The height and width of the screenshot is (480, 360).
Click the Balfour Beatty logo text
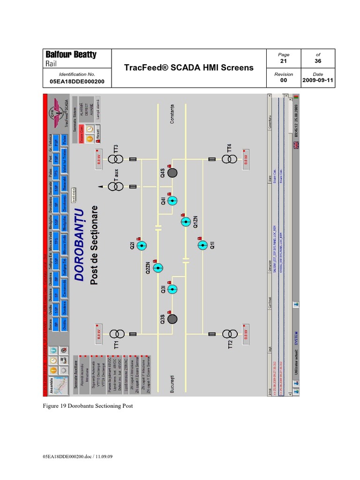pos(70,55)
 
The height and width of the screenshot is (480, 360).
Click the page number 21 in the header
pos(283,61)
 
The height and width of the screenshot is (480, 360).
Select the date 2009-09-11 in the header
pos(317,81)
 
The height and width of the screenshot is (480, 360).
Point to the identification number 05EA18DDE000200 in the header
pos(77,81)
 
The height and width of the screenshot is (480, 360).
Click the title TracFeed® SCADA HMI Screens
pos(188,67)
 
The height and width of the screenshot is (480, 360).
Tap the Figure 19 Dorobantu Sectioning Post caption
pos(88,406)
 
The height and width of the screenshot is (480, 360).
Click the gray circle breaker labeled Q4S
pos(172,172)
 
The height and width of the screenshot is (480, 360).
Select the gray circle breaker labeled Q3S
pos(172,319)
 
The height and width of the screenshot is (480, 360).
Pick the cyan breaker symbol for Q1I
pos(202,245)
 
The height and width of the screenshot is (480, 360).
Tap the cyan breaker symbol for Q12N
pos(186,222)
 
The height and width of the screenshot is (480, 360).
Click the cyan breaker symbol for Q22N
pos(158,268)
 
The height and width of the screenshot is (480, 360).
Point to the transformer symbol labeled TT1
pos(117,334)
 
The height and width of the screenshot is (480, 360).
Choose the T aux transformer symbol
pos(116,186)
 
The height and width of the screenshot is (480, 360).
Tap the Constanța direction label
pos(174,114)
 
